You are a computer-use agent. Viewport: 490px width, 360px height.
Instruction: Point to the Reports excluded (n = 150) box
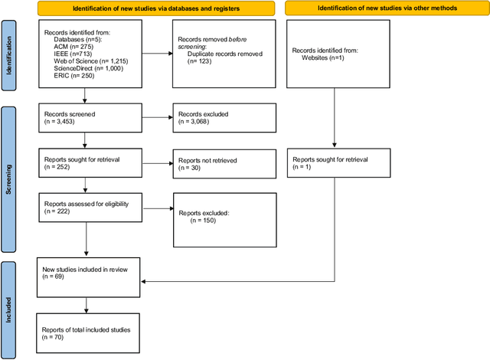(x=222, y=216)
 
